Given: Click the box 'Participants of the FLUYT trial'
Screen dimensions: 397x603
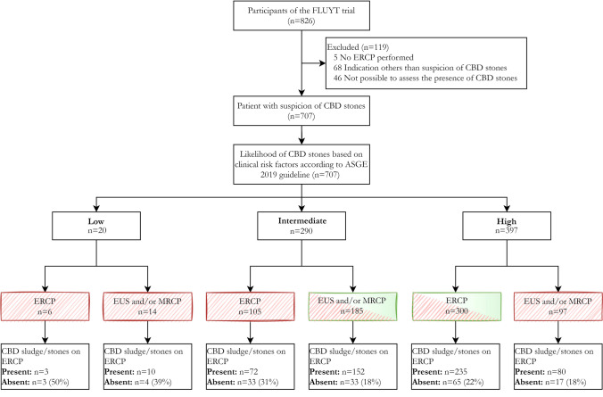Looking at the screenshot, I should tap(301, 20).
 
